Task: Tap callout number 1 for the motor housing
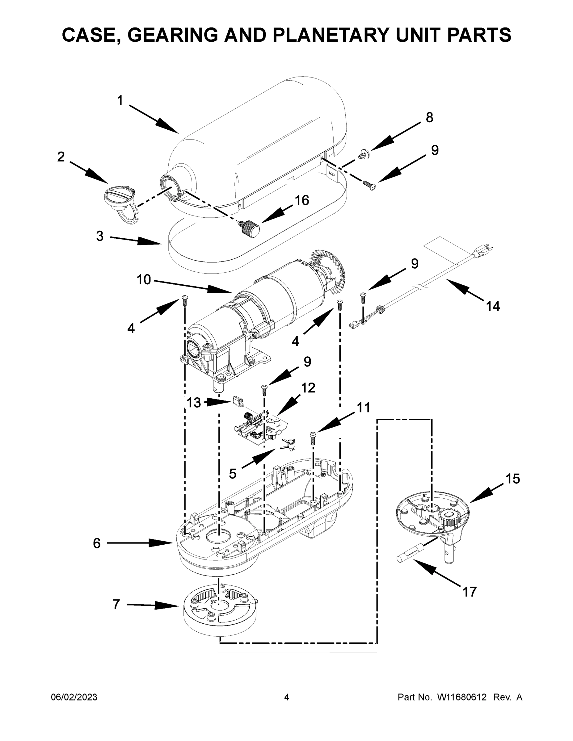pos(120,100)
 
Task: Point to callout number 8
pos(429,117)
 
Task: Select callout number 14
pos(493,306)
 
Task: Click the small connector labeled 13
pos(238,401)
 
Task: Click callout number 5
pos(232,474)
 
